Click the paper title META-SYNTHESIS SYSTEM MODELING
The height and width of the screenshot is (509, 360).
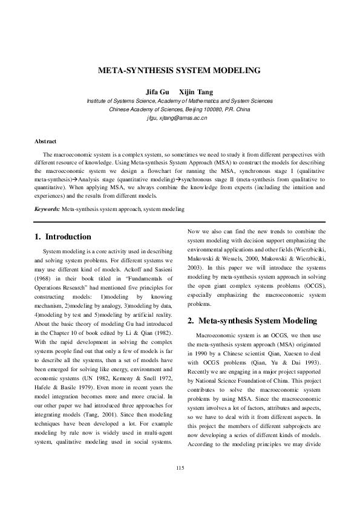pos(180,71)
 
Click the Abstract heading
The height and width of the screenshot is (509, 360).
pos(46,141)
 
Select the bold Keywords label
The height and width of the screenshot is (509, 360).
pos(47,209)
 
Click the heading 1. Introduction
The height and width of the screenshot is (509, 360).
pos(64,236)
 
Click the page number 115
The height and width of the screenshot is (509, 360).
pos(180,469)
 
